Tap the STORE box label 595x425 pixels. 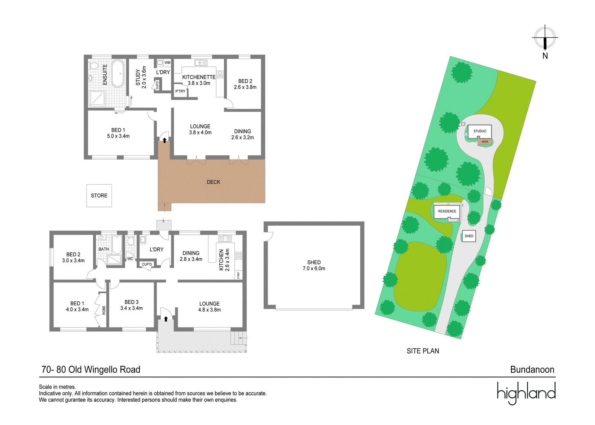click(x=99, y=196)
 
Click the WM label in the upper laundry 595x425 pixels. click(x=167, y=63)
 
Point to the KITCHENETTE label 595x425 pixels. click(x=199, y=77)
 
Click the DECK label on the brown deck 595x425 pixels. click(x=213, y=182)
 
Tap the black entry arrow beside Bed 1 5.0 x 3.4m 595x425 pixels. click(x=165, y=140)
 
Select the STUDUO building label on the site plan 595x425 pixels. click(x=480, y=131)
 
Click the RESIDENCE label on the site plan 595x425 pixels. click(x=447, y=211)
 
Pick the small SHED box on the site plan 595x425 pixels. click(x=469, y=236)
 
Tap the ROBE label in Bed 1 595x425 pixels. click(x=104, y=310)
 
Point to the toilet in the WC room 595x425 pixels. click(x=131, y=241)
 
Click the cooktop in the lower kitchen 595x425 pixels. click(x=238, y=256)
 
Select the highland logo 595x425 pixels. click(x=526, y=393)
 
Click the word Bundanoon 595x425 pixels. click(x=532, y=370)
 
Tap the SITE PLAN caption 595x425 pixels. click(x=423, y=351)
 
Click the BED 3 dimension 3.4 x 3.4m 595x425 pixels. click(x=132, y=308)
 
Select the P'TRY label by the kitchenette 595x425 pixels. click(x=180, y=91)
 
